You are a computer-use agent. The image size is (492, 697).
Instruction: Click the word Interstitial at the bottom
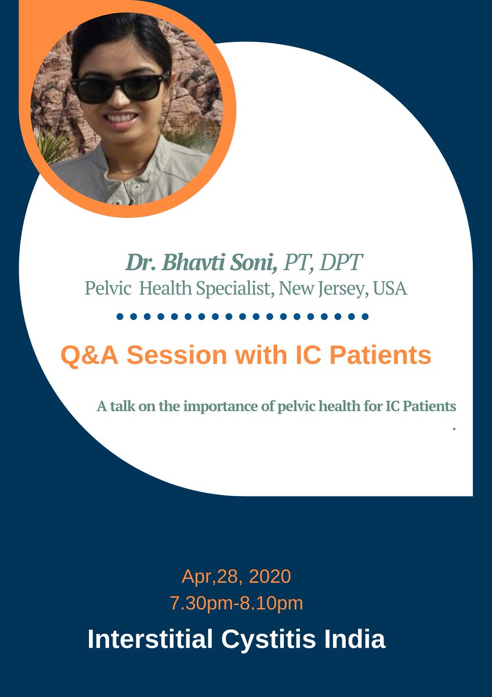150,639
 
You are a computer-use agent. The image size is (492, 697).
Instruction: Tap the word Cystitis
268,639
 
